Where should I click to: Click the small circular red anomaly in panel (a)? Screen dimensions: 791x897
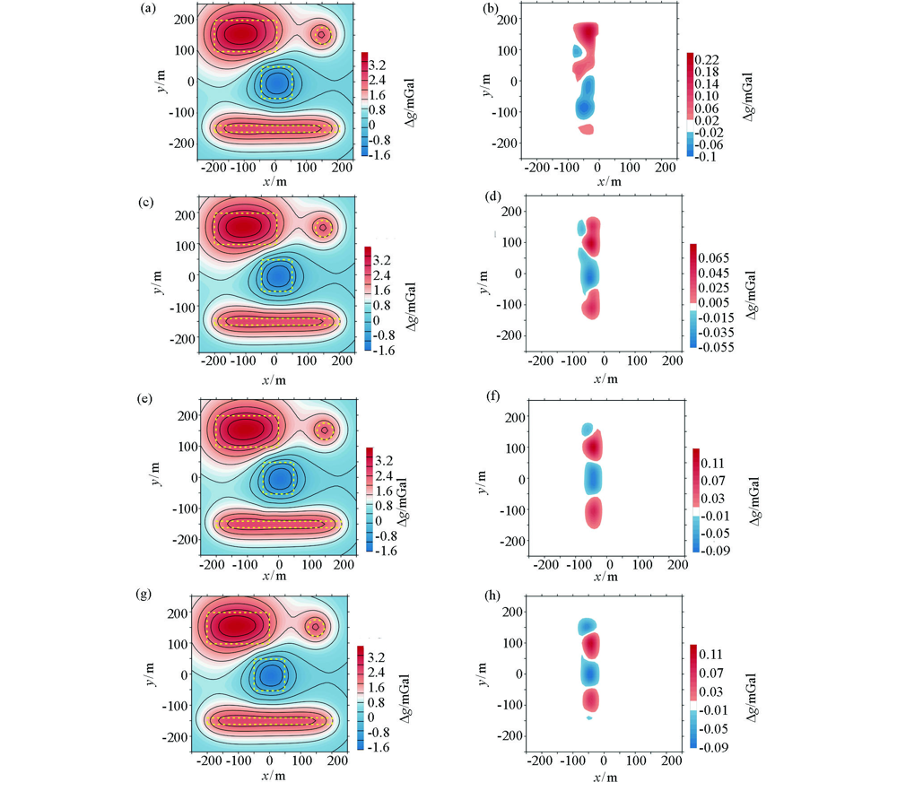(321, 35)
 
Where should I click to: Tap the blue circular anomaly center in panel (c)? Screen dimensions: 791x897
(278, 275)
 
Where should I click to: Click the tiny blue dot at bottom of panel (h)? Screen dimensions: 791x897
(589, 718)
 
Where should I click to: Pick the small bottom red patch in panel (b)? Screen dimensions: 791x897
(587, 129)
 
